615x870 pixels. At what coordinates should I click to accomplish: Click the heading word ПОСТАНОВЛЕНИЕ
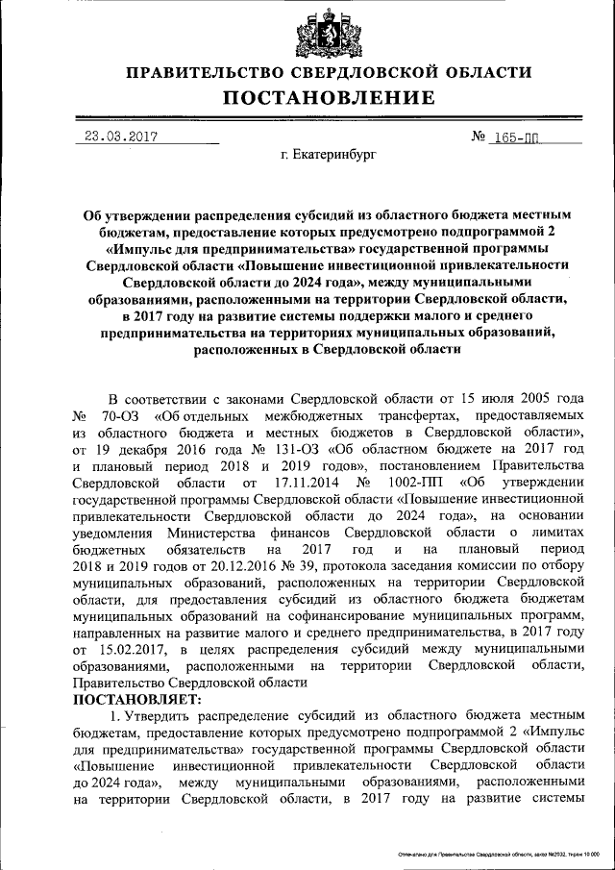click(330, 97)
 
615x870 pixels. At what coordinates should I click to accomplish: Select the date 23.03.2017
click(116, 137)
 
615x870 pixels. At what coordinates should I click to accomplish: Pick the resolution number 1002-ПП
click(408, 482)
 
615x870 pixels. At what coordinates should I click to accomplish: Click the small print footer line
click(498, 854)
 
